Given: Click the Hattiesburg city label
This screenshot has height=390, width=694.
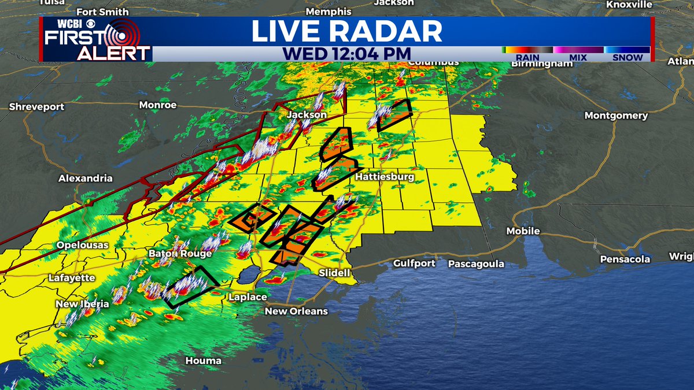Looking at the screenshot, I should click(x=385, y=176).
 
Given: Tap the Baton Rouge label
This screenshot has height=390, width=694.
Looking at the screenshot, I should click(x=180, y=254).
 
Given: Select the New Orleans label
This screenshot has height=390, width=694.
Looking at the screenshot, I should click(x=296, y=311).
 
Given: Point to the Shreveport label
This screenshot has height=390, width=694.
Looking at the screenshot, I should click(x=37, y=107).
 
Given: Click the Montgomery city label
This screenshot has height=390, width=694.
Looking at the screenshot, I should click(x=616, y=116).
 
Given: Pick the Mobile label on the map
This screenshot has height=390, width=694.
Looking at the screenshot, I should click(x=523, y=231).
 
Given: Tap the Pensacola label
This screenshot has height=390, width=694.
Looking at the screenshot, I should click(x=625, y=259).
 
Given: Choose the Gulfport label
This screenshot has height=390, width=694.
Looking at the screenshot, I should click(x=414, y=263).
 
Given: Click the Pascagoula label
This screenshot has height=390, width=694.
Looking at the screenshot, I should click(x=476, y=264).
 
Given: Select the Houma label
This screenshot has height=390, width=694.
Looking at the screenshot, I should click(x=203, y=361).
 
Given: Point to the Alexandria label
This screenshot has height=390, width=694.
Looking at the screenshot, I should click(x=86, y=179).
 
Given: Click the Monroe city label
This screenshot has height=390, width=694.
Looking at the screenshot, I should click(x=158, y=105).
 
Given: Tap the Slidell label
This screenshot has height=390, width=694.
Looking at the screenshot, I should click(x=334, y=273).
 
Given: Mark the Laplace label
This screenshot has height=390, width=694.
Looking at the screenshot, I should click(x=248, y=297).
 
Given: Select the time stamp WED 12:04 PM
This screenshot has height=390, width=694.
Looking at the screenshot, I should click(x=342, y=53).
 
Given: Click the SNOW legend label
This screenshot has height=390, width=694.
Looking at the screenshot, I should click(x=627, y=58).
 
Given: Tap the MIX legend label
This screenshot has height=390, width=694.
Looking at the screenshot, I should click(x=578, y=58).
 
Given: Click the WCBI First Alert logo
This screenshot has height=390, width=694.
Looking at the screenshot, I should click(x=95, y=39).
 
